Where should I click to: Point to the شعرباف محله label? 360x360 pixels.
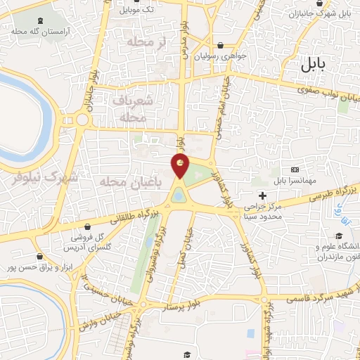tap(132, 110)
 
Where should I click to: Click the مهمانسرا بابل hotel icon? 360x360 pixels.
tap(295, 169)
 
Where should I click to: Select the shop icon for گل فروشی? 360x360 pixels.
tap(87, 227)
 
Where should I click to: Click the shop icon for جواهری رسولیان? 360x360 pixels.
tap(221, 44)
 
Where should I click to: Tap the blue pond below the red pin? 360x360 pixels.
tap(179, 194)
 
